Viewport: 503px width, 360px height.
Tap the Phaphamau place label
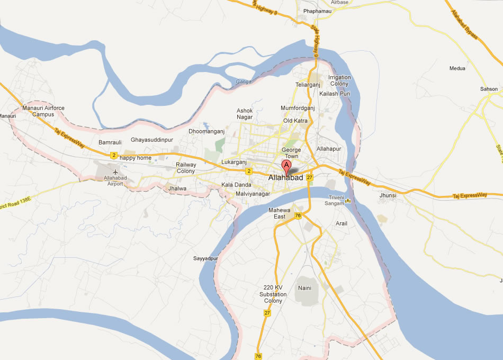pyautogui.click(x=318, y=11)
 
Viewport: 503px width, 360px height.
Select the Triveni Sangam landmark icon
pyautogui.click(x=348, y=201)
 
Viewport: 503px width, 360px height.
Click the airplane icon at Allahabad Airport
pyautogui.click(x=115, y=172)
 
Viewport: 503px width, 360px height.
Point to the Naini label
pyautogui.click(x=304, y=287)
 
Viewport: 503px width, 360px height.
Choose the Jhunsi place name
pyautogui.click(x=388, y=195)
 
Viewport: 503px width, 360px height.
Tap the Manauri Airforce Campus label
pyautogui.click(x=43, y=111)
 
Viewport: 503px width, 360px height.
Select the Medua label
pyautogui.click(x=457, y=68)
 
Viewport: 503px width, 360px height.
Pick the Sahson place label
pyautogui.click(x=489, y=89)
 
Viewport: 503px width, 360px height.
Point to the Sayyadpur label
pyautogui.click(x=206, y=258)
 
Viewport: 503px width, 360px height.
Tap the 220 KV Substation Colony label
pyautogui.click(x=273, y=294)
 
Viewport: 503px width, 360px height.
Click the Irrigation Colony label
pyautogui.click(x=339, y=80)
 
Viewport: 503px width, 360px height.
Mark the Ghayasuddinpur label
pyautogui.click(x=152, y=140)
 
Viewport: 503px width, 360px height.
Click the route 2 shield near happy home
pyautogui.click(x=114, y=155)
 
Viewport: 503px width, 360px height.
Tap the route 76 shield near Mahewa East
pyautogui.click(x=298, y=215)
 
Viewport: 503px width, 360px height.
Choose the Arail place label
pyautogui.click(x=342, y=223)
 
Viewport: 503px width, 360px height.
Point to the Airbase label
pyautogui.click(x=340, y=3)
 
